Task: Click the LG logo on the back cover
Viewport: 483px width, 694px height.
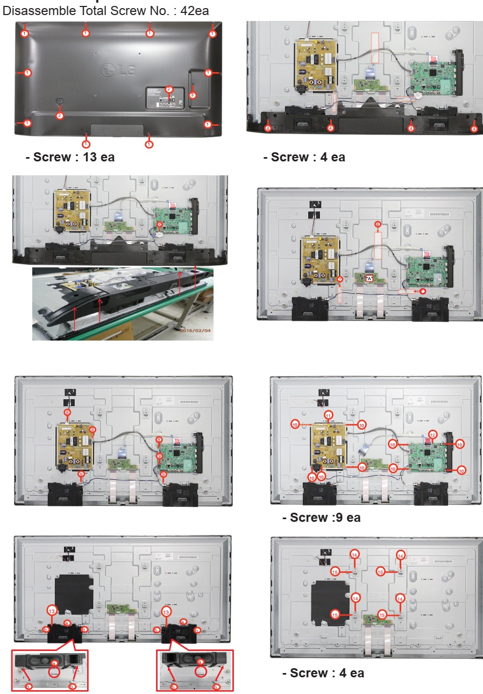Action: coord(117,69)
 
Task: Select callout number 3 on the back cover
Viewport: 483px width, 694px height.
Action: coord(193,95)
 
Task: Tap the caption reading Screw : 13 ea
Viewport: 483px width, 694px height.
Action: coord(70,157)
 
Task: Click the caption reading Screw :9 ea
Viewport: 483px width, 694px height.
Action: coord(321,518)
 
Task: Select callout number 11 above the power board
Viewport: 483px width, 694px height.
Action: coord(329,414)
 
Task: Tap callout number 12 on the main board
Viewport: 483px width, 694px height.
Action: coord(432,435)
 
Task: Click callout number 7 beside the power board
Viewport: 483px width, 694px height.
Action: coord(339,280)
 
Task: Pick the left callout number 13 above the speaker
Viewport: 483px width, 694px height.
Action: coord(52,612)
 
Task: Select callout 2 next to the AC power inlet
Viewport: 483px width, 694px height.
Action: coord(60,115)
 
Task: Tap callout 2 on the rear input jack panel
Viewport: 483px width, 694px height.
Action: coord(169,89)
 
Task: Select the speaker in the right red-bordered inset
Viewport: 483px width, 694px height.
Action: coord(200,659)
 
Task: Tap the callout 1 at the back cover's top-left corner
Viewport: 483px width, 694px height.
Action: coord(24,33)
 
